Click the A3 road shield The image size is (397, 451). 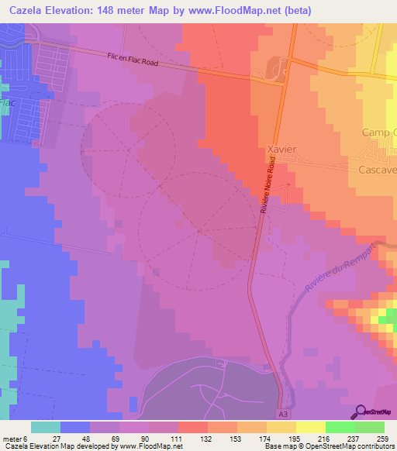pos(283,415)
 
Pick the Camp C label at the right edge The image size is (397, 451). pos(379,132)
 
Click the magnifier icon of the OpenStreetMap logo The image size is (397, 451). pos(361,411)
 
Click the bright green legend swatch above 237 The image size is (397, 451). pos(340,427)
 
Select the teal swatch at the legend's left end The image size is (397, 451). pos(46,427)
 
